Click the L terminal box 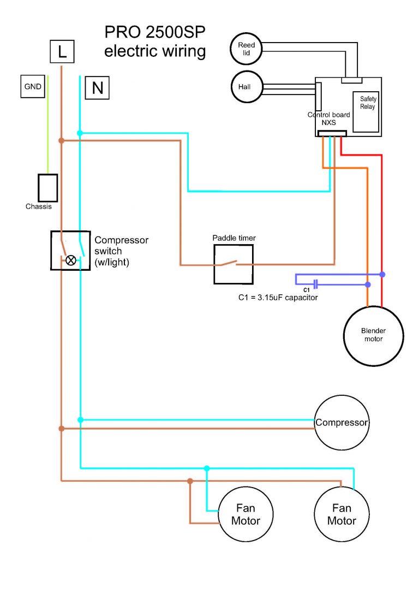coord(62,51)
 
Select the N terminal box coord(97,87)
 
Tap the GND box coord(32,86)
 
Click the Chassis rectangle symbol coord(47,188)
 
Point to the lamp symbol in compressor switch coord(70,260)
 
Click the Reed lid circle coord(247,48)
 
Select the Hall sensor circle coord(247,87)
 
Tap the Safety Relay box coord(368,112)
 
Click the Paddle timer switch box coord(234,264)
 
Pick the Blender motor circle coord(373,335)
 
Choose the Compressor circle coord(342,423)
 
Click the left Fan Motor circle coord(246,514)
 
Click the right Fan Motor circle coord(342,514)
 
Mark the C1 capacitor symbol coord(315,284)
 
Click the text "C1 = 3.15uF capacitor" coord(278,298)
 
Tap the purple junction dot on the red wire coord(382,274)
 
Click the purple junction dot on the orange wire coord(368,284)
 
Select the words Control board coord(328,115)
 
